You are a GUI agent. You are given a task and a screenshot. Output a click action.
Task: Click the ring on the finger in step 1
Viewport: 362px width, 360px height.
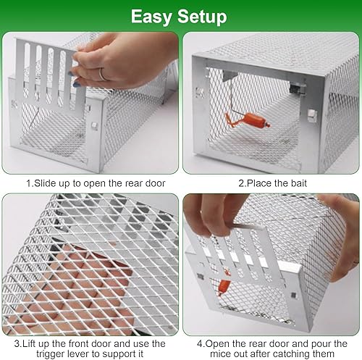pos(104,74)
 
